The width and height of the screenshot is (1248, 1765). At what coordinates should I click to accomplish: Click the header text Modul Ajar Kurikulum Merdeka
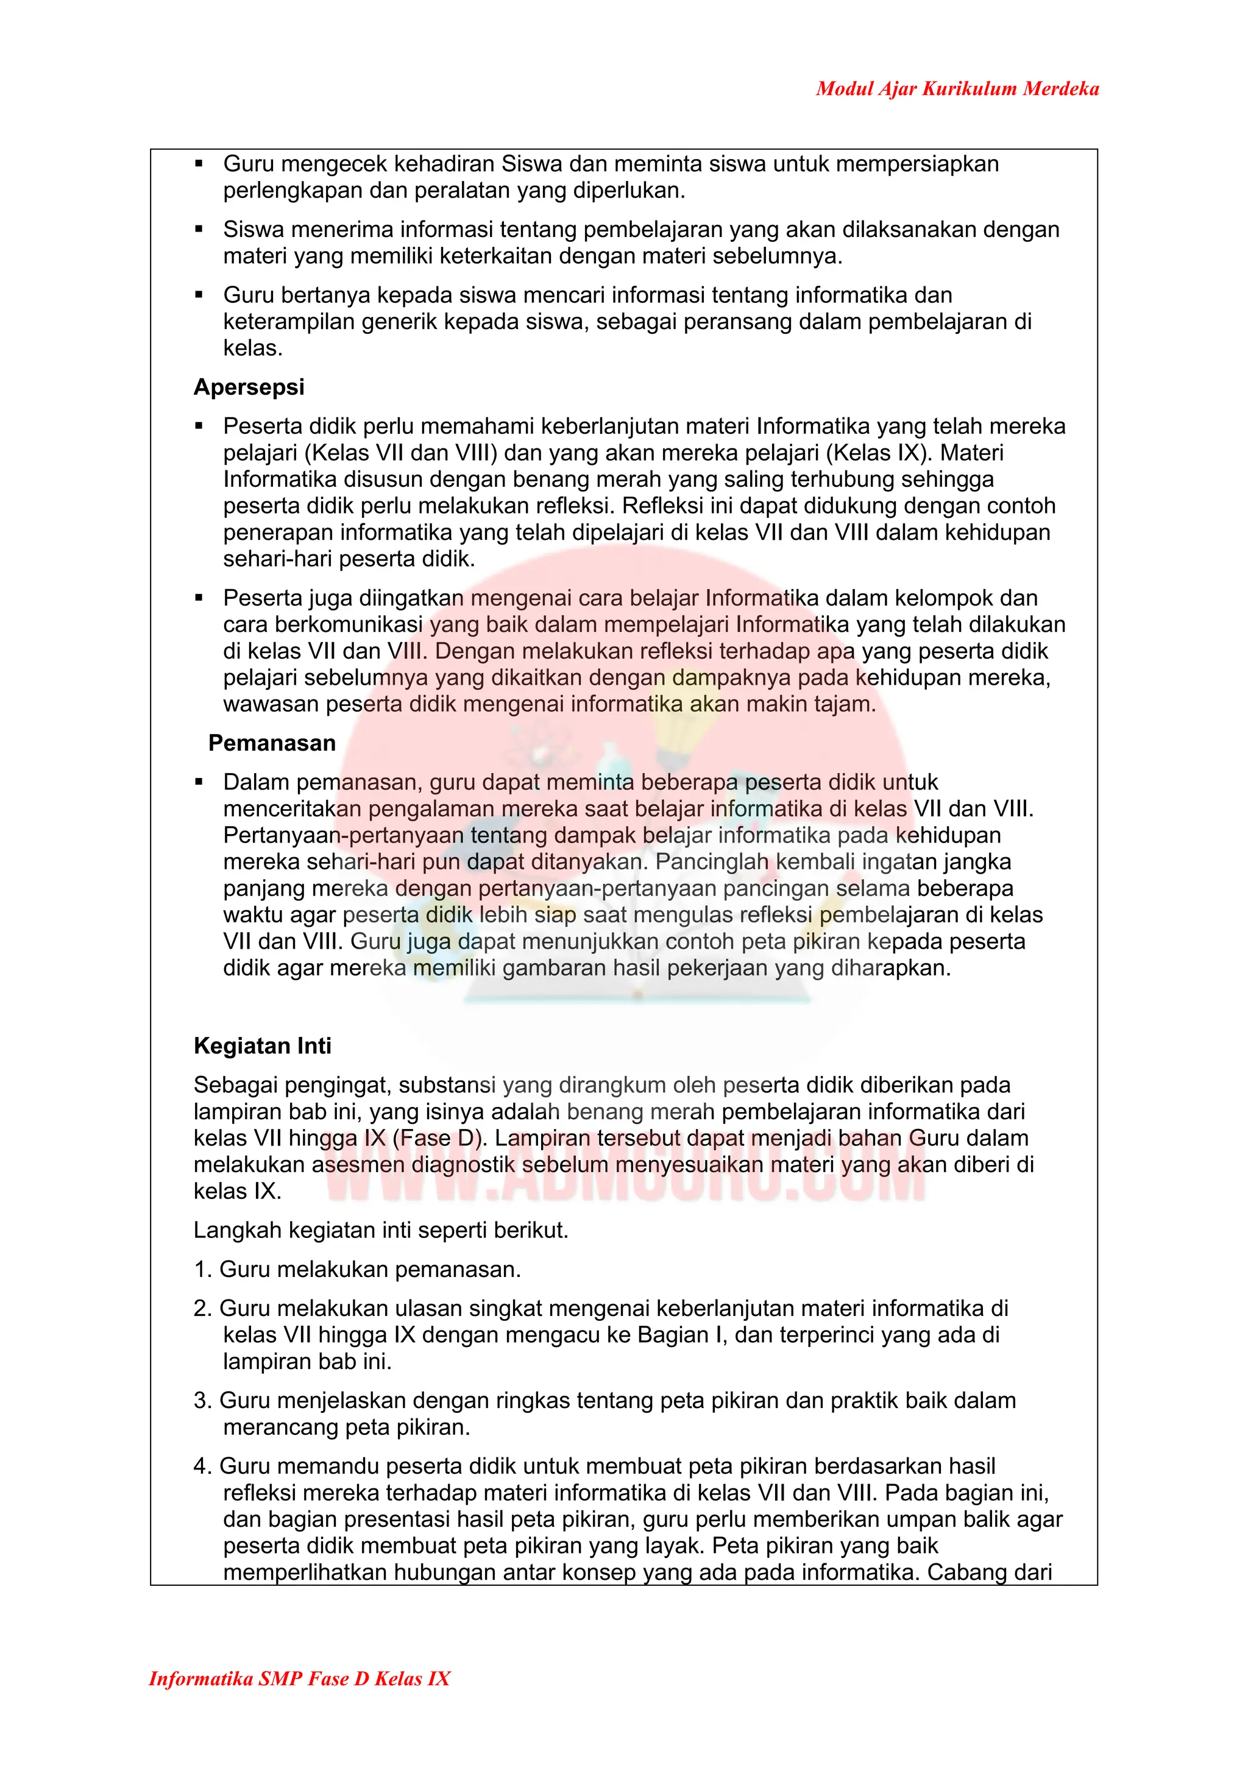tap(957, 89)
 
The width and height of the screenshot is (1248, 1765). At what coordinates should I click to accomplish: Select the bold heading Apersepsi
tap(249, 387)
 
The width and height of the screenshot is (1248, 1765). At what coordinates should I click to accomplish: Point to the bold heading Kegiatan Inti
tap(262, 1045)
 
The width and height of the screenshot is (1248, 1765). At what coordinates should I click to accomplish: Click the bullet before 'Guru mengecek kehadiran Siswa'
tap(199, 164)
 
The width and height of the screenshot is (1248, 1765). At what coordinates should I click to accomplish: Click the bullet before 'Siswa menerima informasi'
tap(199, 229)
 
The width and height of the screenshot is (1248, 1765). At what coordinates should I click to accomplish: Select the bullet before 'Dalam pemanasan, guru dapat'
tap(199, 782)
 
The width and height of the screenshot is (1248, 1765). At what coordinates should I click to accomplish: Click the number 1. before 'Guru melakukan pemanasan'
tap(202, 1269)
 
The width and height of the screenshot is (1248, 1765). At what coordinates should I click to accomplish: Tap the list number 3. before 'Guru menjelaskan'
tap(202, 1400)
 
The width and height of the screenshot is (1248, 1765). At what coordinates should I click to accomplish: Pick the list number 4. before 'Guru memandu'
tap(202, 1466)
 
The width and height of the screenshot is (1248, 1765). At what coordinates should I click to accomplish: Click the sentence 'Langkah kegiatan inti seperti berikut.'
tap(381, 1230)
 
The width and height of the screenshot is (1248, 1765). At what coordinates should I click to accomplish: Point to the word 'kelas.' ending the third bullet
tap(253, 348)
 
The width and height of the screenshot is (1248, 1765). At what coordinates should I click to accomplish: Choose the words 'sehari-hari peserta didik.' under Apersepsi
tap(349, 559)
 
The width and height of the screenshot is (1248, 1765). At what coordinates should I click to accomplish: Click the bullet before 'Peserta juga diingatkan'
tap(199, 598)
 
